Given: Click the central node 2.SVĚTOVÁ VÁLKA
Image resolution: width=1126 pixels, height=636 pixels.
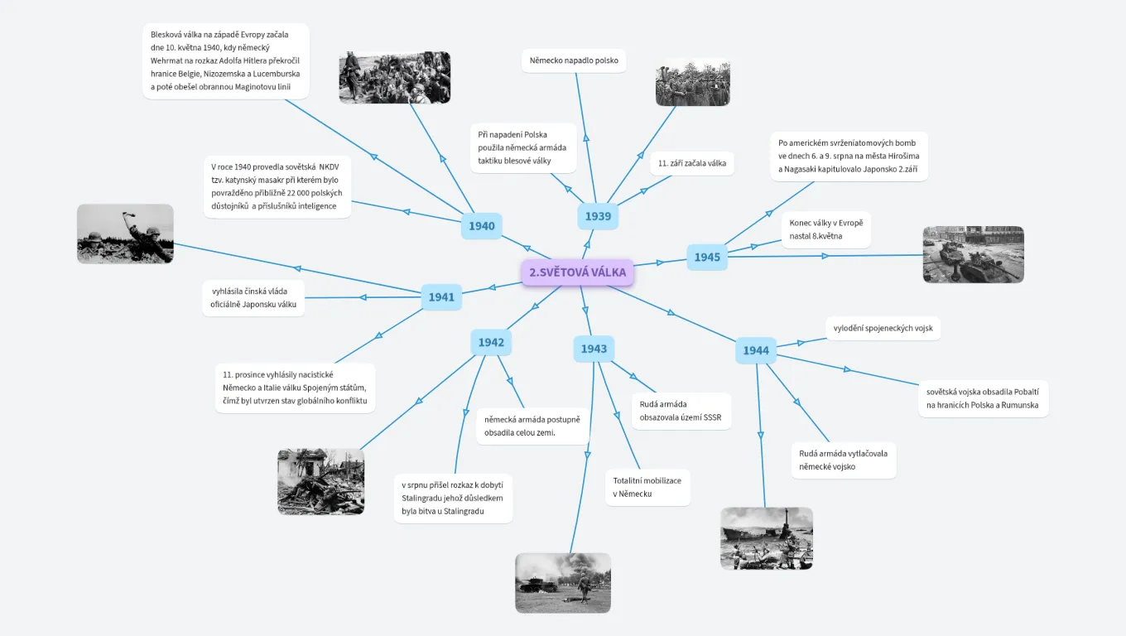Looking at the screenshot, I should pos(577,272).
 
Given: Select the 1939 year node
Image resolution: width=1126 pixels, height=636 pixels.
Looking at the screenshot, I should pos(598,216).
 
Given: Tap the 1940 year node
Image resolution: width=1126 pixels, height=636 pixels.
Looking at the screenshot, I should pos(481,226).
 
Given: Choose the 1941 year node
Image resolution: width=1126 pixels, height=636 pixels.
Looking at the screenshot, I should pos(441,297).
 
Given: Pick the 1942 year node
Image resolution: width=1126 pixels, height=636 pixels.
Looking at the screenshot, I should pos(491,342).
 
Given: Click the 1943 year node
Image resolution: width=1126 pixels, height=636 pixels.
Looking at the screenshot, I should pos(594,349).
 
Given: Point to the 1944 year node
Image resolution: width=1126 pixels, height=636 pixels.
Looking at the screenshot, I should pos(756,350).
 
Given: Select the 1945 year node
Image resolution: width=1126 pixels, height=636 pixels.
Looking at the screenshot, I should pos(707,257).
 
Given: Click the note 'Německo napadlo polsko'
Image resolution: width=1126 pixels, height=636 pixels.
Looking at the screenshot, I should pos(574,60).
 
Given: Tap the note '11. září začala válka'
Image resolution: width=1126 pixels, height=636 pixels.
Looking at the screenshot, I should pos(692,163).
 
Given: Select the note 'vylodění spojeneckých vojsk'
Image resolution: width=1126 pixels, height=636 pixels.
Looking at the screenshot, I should pos(883,328).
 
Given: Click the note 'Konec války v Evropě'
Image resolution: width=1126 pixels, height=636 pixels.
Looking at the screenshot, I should pos(825,229).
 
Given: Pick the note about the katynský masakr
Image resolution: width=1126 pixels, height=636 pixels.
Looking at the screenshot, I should pos(277,186).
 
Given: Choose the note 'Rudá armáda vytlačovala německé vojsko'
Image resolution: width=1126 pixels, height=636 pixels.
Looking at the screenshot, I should pos(843,460).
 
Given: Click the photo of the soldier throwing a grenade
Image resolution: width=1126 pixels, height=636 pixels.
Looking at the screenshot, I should pos(125,234).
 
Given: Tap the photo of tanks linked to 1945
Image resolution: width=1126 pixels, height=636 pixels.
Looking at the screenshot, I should pos(973,254).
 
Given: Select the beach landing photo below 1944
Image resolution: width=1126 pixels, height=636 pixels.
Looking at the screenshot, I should pos(766,538).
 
